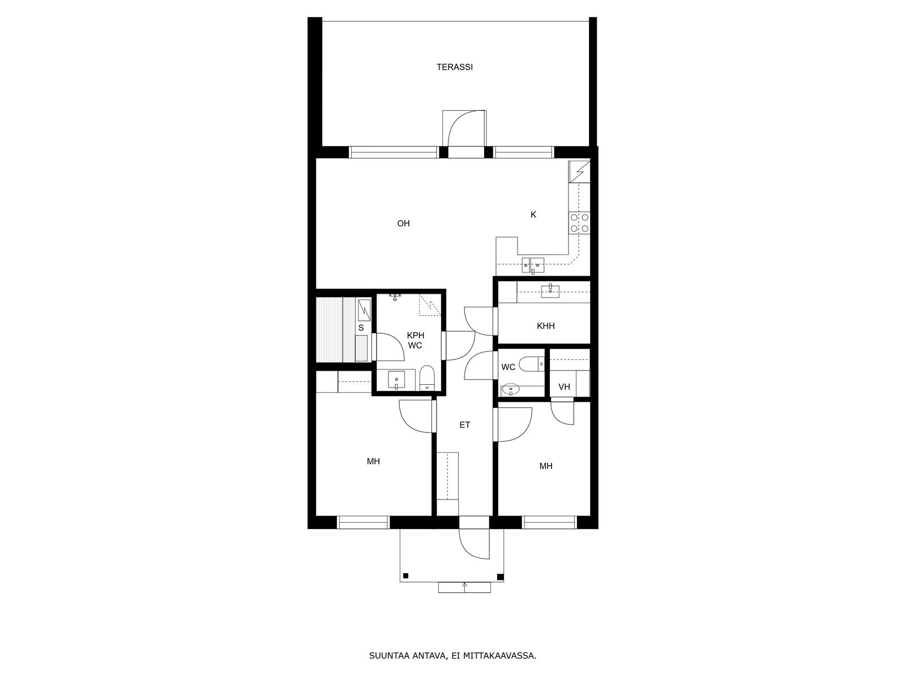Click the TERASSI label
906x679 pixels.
[455, 67]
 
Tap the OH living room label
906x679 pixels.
[403, 224]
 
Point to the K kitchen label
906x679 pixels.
[533, 214]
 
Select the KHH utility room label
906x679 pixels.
[546, 326]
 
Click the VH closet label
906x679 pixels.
[564, 386]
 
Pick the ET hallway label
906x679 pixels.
[465, 424]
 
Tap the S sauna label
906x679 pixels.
[361, 328]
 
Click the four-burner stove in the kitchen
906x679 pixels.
[579, 223]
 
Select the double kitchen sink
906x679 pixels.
[533, 265]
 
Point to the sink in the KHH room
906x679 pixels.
[550, 291]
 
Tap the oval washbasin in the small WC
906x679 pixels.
[511, 389]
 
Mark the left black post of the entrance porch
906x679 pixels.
[406, 576]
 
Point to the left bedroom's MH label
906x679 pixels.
[373, 461]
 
